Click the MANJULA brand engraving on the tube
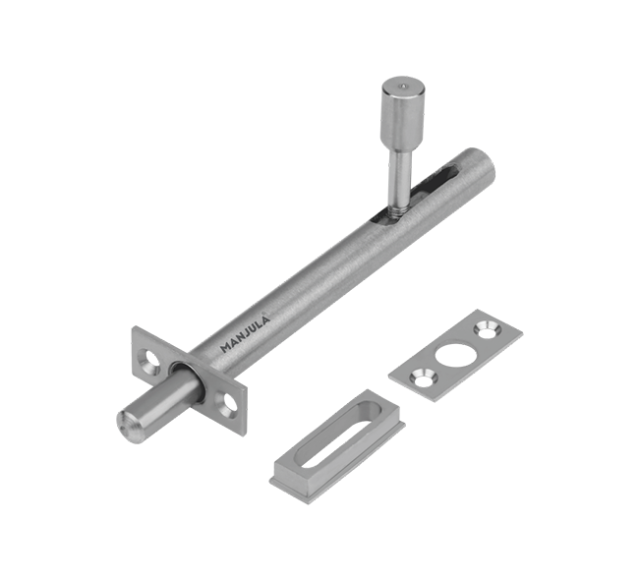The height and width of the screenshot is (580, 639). (245, 334)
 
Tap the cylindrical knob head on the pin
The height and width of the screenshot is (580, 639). (403, 113)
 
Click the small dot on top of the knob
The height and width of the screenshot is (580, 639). (403, 86)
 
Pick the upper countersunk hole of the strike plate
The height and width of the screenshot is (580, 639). (487, 329)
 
